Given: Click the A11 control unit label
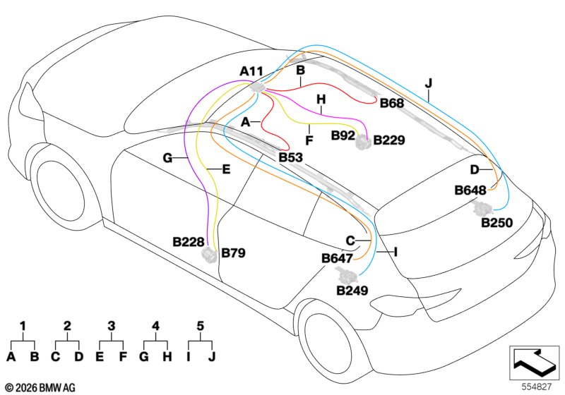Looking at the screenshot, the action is tap(251, 71).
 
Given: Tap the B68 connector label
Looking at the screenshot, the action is tap(392, 103).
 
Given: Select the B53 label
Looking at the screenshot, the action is tap(291, 157).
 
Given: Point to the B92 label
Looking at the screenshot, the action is tap(343, 135).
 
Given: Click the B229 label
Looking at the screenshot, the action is tap(389, 140).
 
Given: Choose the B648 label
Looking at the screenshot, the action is tap(470, 190).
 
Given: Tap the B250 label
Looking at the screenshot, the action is tap(497, 223).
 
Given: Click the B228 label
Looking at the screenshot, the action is tap(189, 242).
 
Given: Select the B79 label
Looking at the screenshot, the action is tap(233, 253).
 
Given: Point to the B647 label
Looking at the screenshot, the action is tap(337, 258).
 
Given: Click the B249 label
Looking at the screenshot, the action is tap(352, 291).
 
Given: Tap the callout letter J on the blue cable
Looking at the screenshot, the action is tap(428, 83).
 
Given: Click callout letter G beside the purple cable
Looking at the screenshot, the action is tap(167, 158).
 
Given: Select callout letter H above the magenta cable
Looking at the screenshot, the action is tap(321, 99).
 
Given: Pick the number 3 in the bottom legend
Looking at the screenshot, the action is tap(112, 326).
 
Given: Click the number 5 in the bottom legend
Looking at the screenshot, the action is tap(201, 326).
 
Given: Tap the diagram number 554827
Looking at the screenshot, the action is tap(537, 387).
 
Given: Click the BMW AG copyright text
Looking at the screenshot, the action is tap(41, 388).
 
